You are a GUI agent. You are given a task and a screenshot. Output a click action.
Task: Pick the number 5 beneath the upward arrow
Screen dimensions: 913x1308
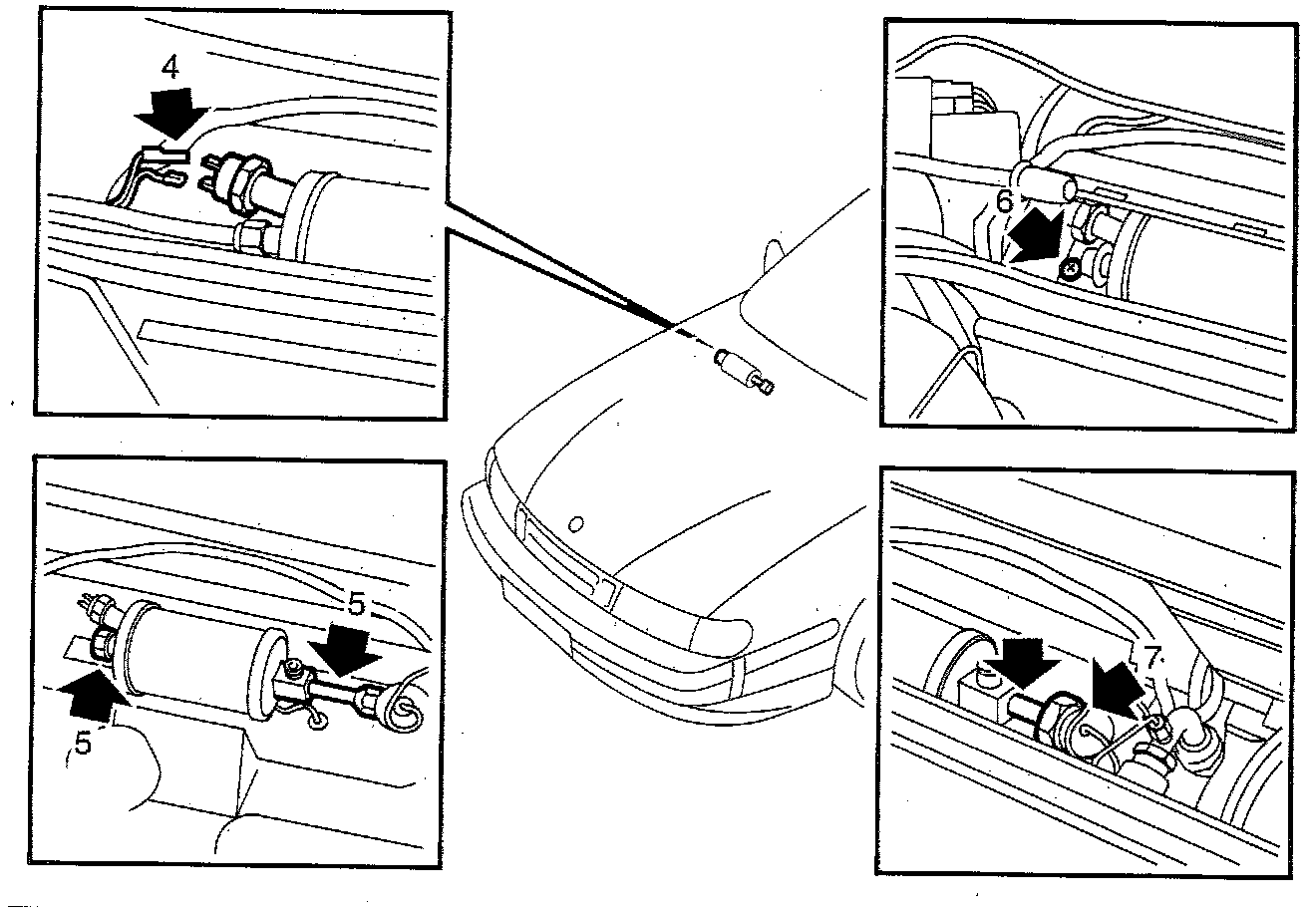pos(84,743)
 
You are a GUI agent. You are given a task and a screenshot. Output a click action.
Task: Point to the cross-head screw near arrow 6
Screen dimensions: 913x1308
pos(1069,267)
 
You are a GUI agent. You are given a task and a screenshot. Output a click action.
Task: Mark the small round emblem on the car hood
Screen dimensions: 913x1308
pos(574,522)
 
